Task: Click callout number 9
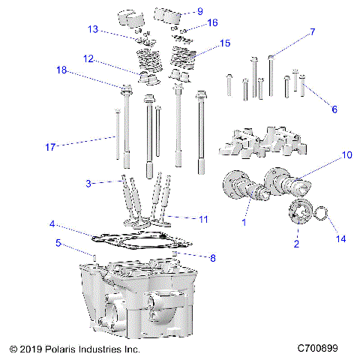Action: [x=199, y=11]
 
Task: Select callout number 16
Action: [x=212, y=22]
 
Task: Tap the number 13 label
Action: [x=92, y=29]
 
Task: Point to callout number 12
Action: [x=88, y=58]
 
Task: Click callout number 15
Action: [x=224, y=44]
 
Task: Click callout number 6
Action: [x=334, y=109]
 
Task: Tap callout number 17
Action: [x=50, y=148]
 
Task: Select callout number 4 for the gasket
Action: [x=52, y=223]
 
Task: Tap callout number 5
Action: [x=58, y=242]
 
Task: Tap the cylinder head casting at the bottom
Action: [x=135, y=300]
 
